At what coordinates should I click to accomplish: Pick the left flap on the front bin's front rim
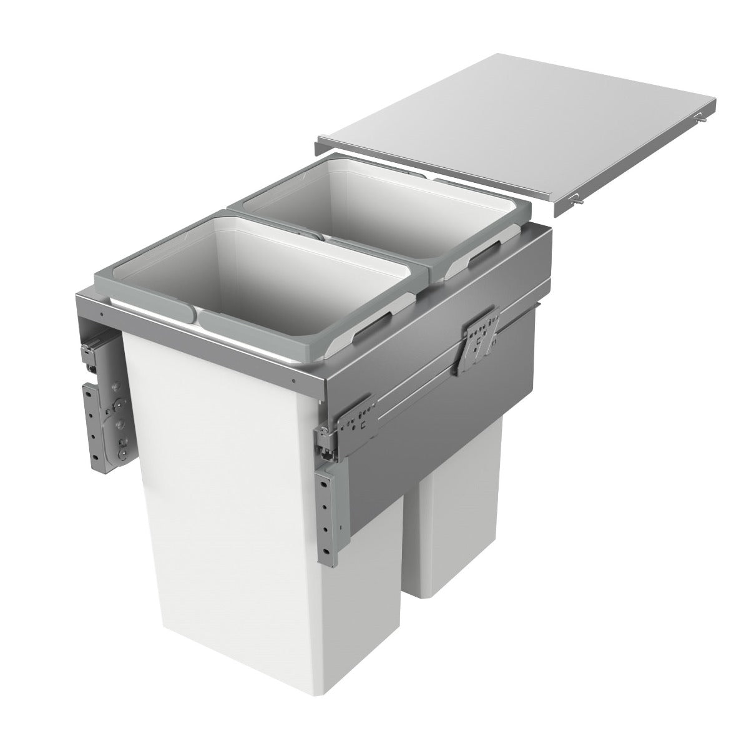click(x=162, y=306)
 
